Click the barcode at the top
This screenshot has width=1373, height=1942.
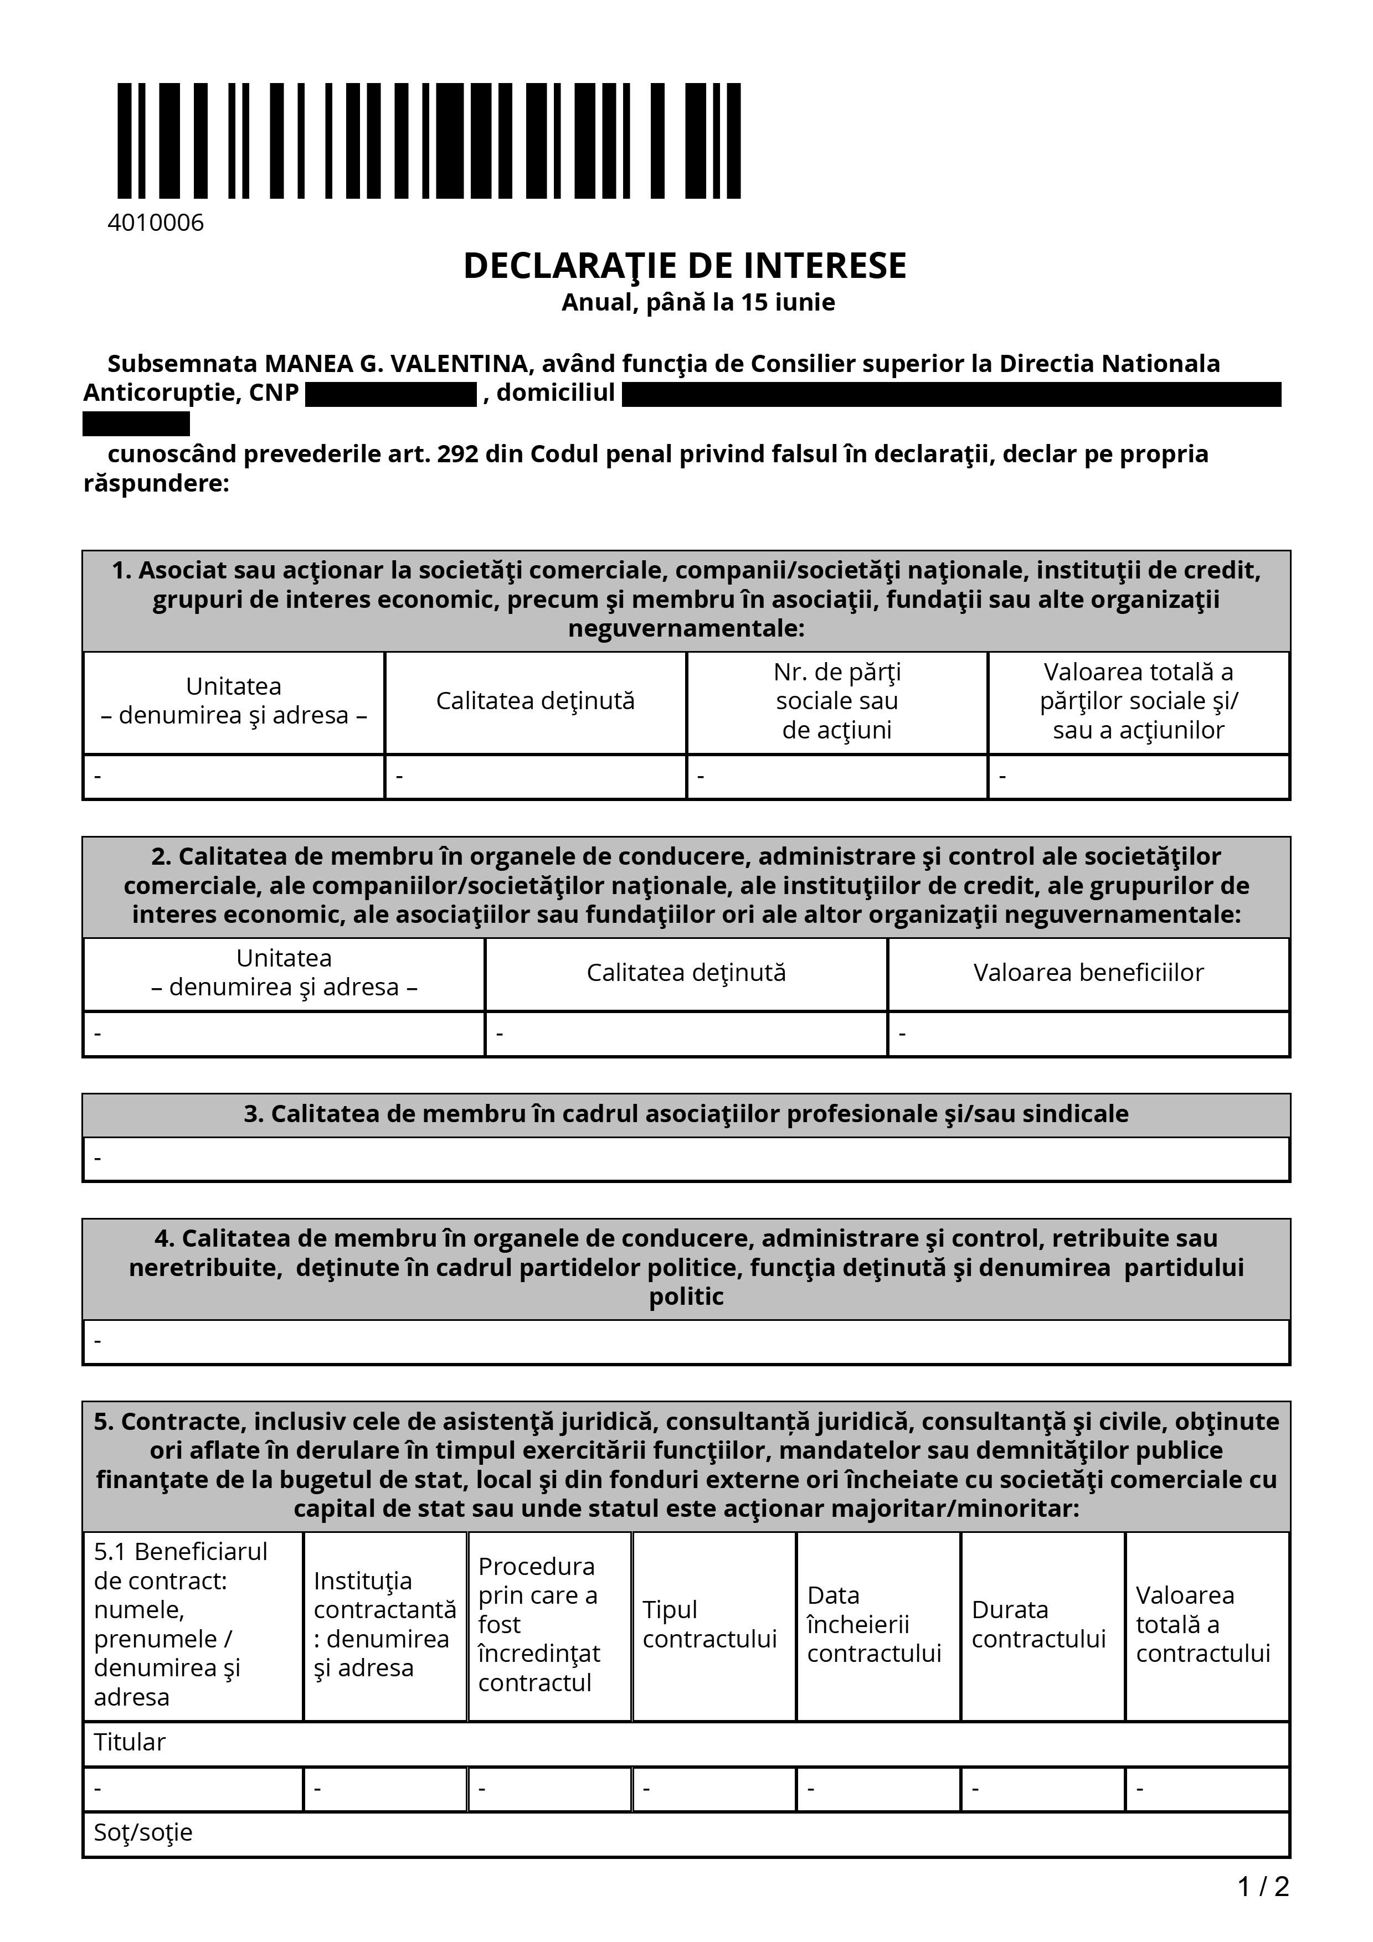point(429,141)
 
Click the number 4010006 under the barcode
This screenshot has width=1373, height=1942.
point(156,223)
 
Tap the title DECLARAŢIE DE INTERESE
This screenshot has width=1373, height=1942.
point(685,266)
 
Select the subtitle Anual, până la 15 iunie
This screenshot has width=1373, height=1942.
point(698,302)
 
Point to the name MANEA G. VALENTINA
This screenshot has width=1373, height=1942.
point(397,364)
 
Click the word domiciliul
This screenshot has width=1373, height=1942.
point(555,393)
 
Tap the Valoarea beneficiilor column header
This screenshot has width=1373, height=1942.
point(1088,973)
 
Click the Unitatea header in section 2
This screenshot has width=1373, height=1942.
point(284,973)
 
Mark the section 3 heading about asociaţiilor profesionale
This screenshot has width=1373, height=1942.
point(686,1114)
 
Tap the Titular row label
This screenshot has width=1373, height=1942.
point(130,1742)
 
